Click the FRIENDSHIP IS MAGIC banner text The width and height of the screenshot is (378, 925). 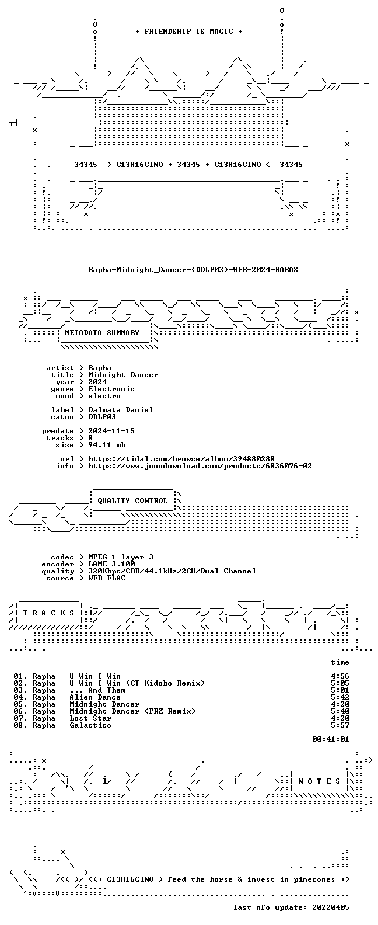tap(189, 32)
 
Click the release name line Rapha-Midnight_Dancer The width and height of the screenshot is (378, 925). tap(193, 270)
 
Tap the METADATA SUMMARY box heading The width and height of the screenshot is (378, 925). tap(102, 332)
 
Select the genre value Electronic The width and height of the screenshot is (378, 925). tap(111, 389)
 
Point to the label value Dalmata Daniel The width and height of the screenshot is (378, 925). tap(121, 409)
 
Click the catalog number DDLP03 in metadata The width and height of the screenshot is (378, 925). tap(102, 417)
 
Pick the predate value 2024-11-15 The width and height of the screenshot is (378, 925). tap(111, 431)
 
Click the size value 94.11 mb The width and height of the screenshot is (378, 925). tap(107, 445)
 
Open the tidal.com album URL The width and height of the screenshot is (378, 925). tap(181, 459)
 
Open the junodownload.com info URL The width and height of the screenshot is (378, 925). tap(200, 466)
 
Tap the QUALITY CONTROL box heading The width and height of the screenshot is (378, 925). tap(132, 501)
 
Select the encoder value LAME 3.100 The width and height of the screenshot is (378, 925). tap(111, 564)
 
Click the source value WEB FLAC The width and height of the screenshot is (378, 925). tap(107, 578)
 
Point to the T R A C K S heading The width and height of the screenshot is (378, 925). tap(48, 613)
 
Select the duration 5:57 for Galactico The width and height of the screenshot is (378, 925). tap(340, 725)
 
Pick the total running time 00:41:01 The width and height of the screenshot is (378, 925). tap(331, 739)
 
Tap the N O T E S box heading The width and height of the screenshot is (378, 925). tap(319, 781)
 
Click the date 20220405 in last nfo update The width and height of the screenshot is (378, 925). tap(331, 907)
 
